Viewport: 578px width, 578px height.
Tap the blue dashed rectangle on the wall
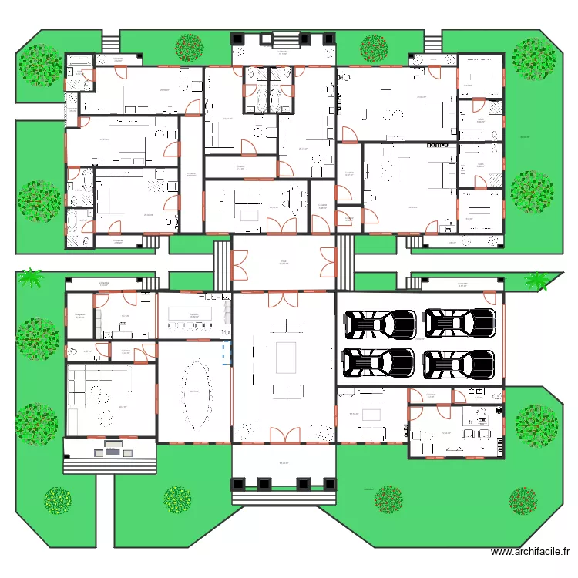(x=226, y=354)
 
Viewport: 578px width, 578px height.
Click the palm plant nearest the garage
(x=538, y=281)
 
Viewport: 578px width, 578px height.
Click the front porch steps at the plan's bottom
(x=284, y=499)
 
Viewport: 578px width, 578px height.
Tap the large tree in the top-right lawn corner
(x=534, y=58)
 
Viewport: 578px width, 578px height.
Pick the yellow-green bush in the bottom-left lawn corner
(x=58, y=500)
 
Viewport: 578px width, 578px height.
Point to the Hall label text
(x=284, y=260)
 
